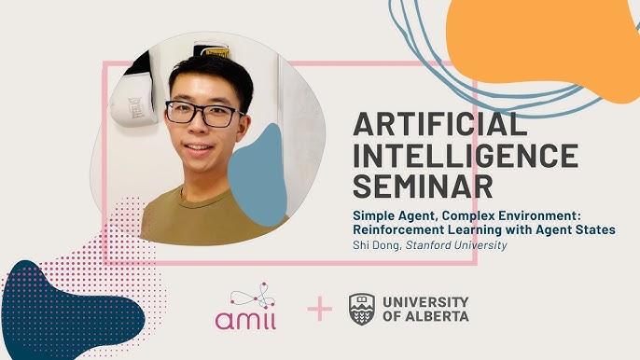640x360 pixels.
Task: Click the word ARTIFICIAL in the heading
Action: pos(440,124)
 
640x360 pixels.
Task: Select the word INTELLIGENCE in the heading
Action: pos(466,155)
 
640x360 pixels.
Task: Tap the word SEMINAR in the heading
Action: pos(423,187)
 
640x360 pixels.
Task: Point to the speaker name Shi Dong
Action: pos(377,245)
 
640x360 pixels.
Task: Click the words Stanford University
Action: pos(456,245)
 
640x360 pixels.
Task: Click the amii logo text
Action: pos(245,320)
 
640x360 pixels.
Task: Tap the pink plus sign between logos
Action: pos(320,309)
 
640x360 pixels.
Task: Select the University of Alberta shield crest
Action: pos(362,309)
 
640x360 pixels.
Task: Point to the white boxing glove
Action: pos(133,104)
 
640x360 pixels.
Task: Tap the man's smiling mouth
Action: pos(199,147)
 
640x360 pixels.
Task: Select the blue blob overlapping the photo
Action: pos(257,175)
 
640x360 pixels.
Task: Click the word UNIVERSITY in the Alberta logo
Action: pos(425,302)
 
